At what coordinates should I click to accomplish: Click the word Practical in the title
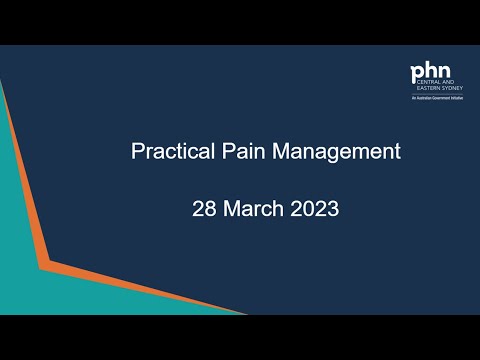(167, 153)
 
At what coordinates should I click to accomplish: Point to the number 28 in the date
(202, 212)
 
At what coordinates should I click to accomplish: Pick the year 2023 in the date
(315, 212)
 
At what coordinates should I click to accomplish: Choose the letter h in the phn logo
(429, 72)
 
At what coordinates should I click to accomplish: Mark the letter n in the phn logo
(441, 74)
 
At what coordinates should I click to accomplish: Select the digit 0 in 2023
(308, 212)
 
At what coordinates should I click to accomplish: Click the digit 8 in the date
(207, 212)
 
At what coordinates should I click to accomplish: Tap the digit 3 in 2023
(333, 212)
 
